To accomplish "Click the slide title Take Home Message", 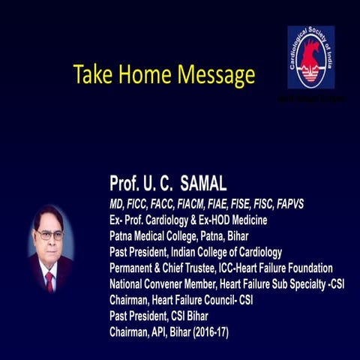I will point(163,75).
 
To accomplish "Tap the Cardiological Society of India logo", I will point(310,58).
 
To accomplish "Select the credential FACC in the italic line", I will point(164,202).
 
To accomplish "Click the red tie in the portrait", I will point(49,280).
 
